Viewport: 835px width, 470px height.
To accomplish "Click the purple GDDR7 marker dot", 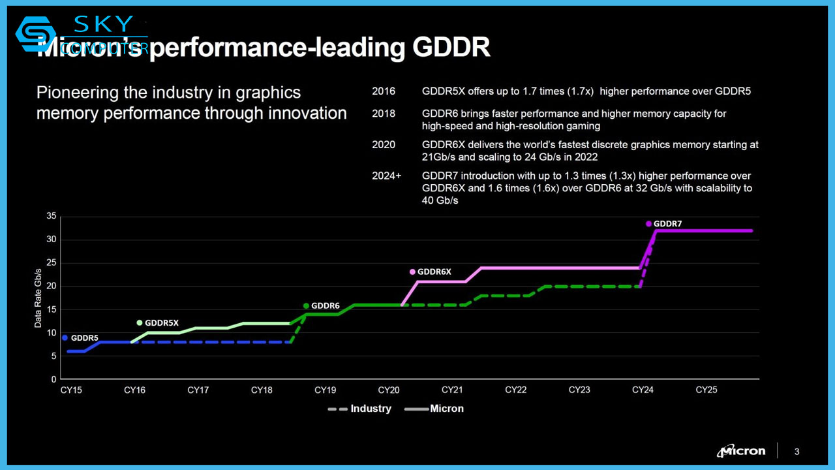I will (648, 224).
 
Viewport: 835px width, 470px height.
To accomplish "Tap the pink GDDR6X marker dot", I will (412, 272).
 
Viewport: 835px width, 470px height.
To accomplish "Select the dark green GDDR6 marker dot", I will (306, 305).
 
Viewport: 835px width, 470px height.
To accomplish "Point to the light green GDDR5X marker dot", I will (139, 322).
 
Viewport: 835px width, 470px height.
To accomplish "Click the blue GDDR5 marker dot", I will (65, 337).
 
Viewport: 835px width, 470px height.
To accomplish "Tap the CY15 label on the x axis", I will (71, 390).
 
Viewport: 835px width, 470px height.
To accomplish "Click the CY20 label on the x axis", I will (389, 390).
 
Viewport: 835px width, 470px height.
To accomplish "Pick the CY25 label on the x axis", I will (706, 390).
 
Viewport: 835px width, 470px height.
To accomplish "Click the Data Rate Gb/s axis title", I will (38, 298).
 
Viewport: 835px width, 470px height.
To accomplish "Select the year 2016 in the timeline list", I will (383, 91).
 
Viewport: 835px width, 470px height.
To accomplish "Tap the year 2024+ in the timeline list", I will (386, 176).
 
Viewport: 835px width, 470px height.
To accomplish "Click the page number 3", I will (797, 452).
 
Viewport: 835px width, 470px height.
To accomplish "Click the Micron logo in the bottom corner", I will (741, 451).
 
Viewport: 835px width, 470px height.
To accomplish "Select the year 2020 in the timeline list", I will (383, 145).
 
